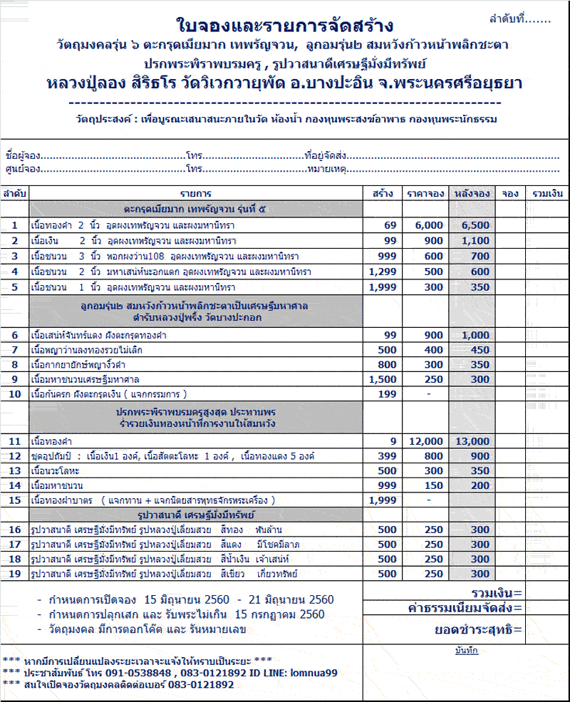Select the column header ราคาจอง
pos(426,193)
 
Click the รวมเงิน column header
pos(547,193)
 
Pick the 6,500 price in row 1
pos(475,225)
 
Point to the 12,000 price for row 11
pos(426,441)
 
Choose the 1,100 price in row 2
pos(475,241)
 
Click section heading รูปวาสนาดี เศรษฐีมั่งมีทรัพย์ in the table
pos(197,515)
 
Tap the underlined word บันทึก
pos(466,650)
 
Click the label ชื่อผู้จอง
pos(22,155)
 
